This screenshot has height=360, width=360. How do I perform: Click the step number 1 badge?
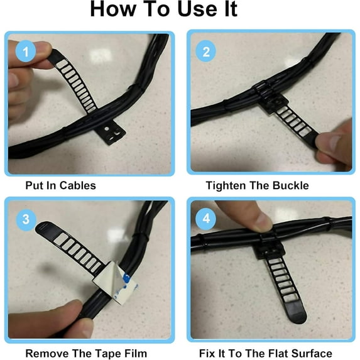pyautogui.click(x=26, y=52)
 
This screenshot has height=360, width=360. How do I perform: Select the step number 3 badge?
pyautogui.click(x=26, y=219)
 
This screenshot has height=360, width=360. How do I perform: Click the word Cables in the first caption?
pyautogui.click(x=77, y=185)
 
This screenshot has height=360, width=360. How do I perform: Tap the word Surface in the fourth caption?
pyautogui.click(x=310, y=353)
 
